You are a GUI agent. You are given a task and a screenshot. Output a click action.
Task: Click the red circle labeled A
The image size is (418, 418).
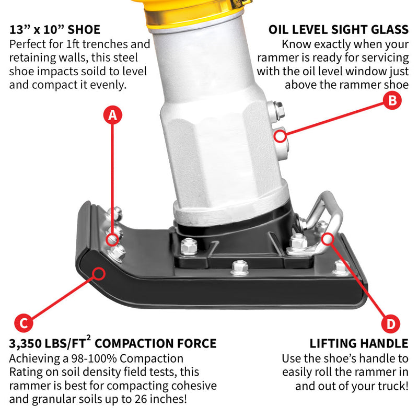tap(111, 115)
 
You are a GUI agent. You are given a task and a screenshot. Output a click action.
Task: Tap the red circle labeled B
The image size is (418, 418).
tap(392, 100)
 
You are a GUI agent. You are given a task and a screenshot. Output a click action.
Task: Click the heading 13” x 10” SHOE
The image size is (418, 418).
tap(55, 29)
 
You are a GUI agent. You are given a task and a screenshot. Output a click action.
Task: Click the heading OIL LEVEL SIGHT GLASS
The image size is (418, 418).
tap(339, 29)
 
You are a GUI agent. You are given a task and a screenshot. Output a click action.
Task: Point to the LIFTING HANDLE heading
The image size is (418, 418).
tap(359, 343)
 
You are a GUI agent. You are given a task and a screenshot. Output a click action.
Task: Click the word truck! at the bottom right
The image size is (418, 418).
tap(391, 387)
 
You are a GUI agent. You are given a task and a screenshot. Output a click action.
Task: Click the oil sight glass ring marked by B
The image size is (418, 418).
tap(281, 137)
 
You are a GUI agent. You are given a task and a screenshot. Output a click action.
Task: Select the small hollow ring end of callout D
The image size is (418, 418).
tap(328, 239)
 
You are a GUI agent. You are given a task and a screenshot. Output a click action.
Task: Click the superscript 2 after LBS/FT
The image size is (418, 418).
tap(90, 339)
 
